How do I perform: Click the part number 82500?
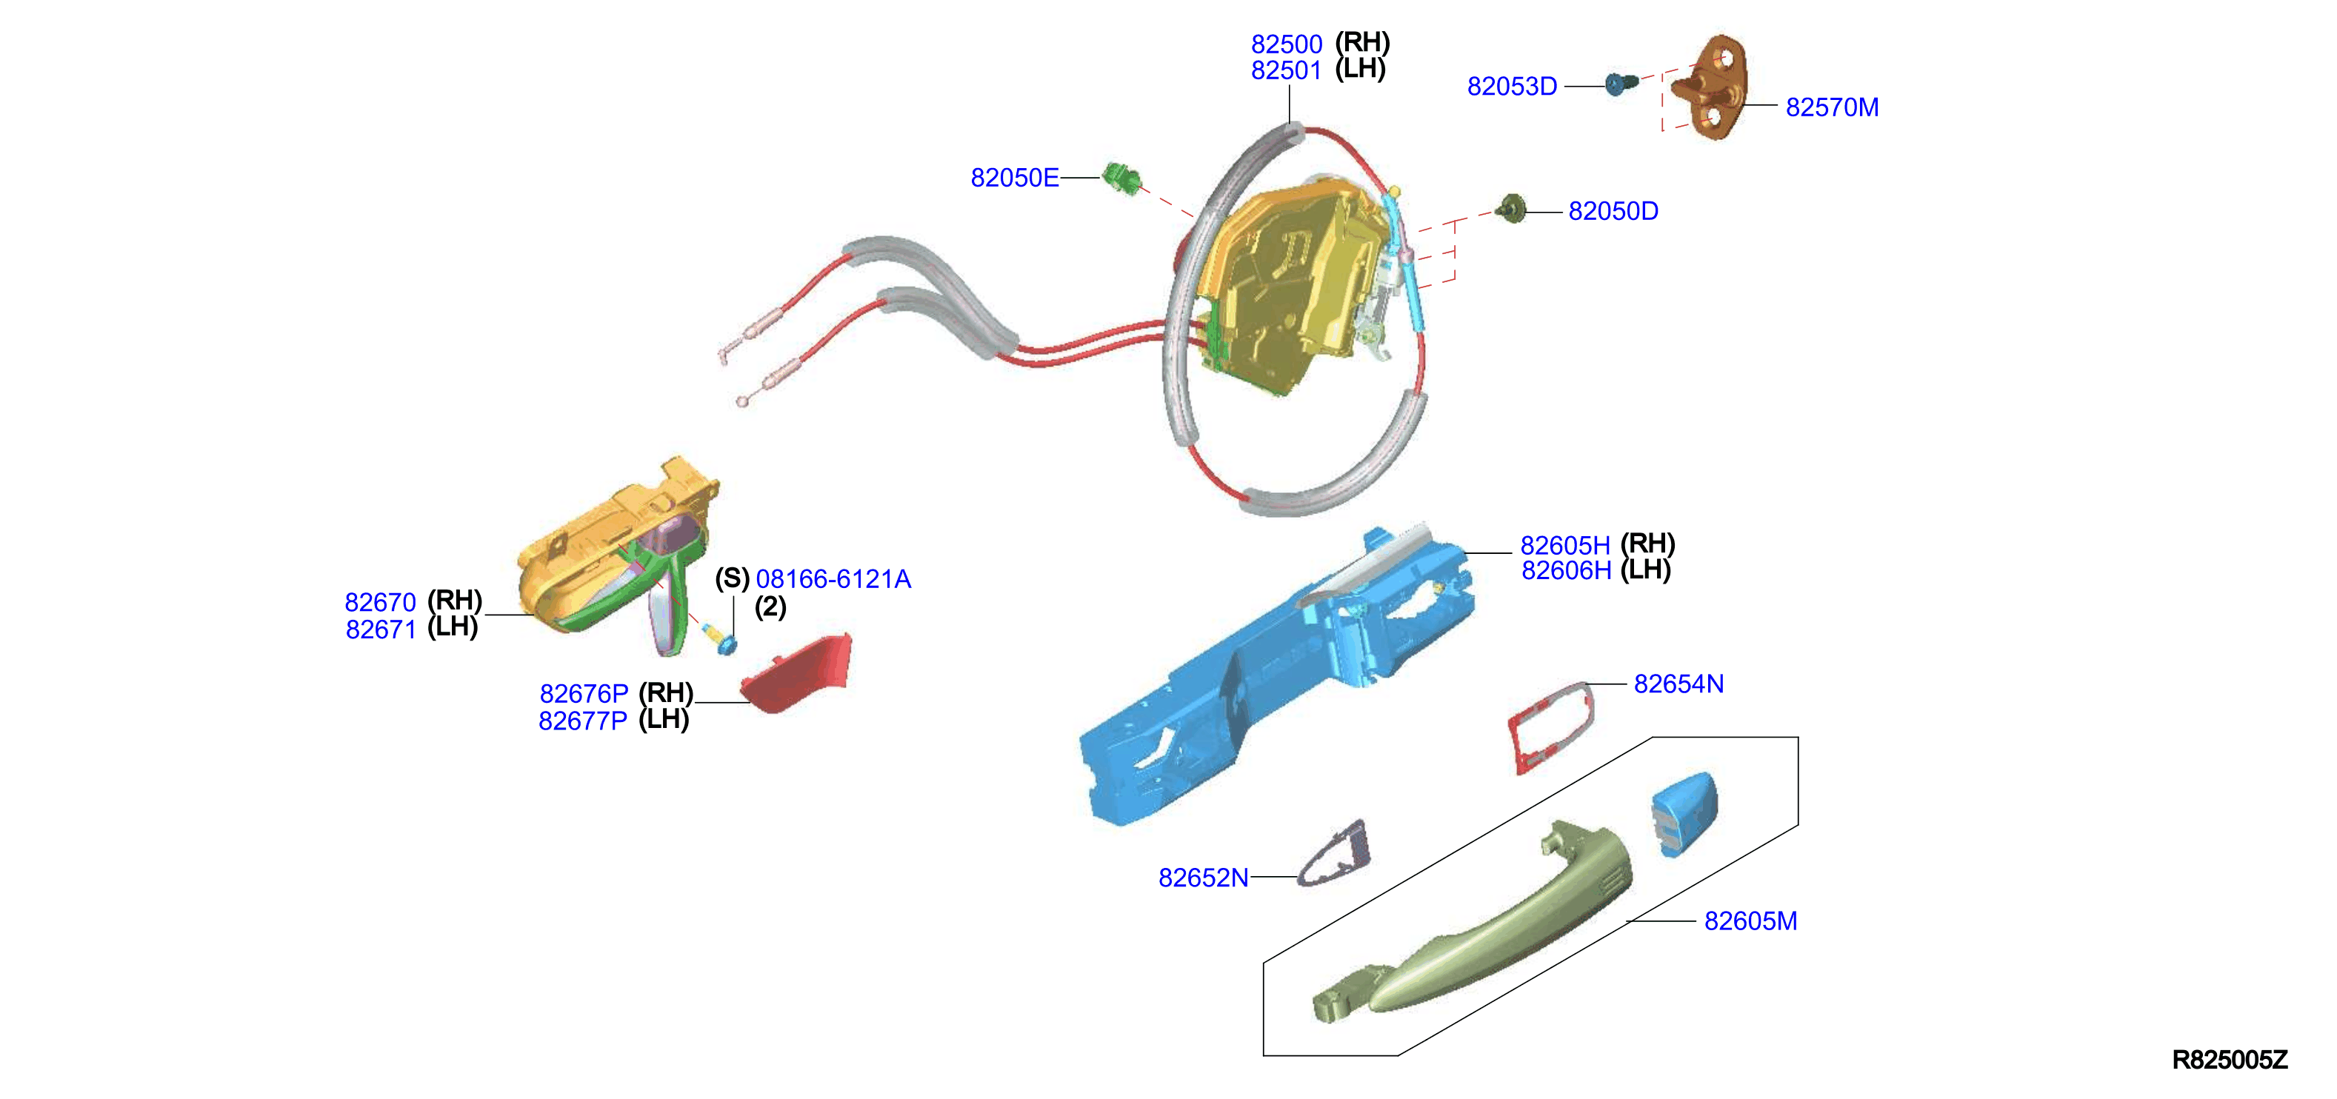click(x=1287, y=44)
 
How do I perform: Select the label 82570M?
click(x=1832, y=107)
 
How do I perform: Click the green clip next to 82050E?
click(x=1121, y=178)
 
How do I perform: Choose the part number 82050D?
click(x=1613, y=211)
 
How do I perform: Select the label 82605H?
click(x=1565, y=546)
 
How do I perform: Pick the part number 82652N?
click(x=1203, y=878)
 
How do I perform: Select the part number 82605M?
click(x=1750, y=921)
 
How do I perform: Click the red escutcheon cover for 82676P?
click(x=798, y=673)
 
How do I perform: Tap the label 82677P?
click(x=582, y=721)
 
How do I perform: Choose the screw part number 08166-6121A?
click(x=833, y=578)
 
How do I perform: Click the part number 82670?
click(x=380, y=602)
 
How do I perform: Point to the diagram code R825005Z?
click(x=2229, y=1060)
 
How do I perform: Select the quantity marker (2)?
click(x=770, y=607)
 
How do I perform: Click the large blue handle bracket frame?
click(x=1275, y=675)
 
